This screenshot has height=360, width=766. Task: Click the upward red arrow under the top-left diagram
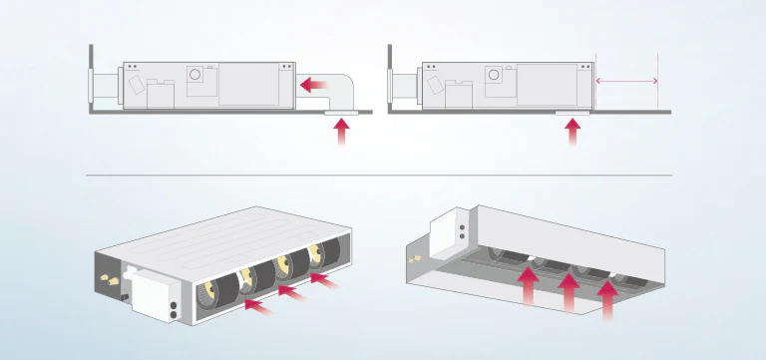coord(342,135)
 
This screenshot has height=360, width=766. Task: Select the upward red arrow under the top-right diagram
coord(573,135)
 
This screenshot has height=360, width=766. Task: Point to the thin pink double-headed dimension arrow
coord(626,80)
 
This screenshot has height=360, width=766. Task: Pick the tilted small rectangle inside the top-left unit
coord(135,85)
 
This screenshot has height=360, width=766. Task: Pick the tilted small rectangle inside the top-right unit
coord(432,86)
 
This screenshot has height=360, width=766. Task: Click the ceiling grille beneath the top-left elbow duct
coord(341,115)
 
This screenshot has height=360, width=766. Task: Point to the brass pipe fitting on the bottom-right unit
coord(411,259)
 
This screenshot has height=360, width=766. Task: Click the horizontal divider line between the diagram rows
coord(379,175)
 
